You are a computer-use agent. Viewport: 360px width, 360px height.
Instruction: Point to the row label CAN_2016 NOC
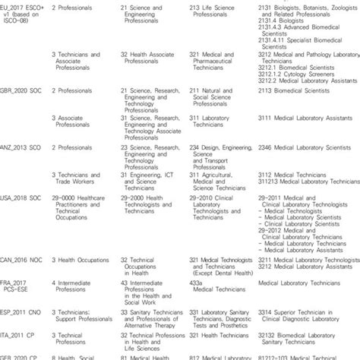23,261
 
